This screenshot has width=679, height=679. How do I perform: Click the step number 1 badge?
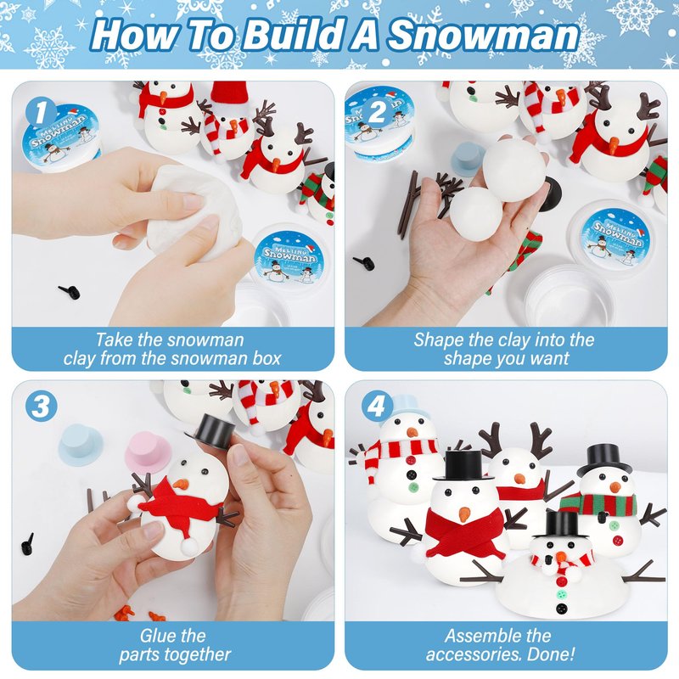[x=41, y=112]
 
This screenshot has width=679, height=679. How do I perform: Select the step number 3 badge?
[x=41, y=407]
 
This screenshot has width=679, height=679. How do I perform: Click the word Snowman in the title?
[x=484, y=36]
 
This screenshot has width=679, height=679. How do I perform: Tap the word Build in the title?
[x=289, y=35]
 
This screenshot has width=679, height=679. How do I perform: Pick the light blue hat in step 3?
[x=81, y=445]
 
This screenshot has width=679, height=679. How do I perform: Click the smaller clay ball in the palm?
[x=476, y=212]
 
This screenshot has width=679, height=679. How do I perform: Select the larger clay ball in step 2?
[x=514, y=171]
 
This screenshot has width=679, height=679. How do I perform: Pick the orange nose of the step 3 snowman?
[x=181, y=485]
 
